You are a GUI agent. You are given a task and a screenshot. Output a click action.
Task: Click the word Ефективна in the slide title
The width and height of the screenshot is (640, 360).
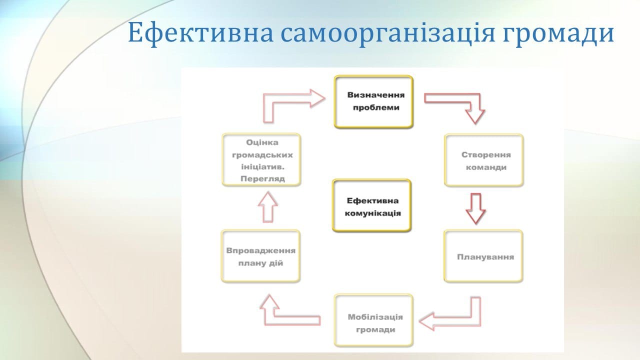[200, 32]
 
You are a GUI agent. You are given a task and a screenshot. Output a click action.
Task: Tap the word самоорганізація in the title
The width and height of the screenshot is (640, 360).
[387, 33]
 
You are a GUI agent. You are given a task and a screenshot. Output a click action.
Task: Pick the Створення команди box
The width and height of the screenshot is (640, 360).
[483, 160]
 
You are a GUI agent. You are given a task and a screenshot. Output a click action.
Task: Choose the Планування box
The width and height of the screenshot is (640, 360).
[483, 256]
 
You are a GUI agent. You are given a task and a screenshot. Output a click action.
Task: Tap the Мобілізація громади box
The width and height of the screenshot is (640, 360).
[373, 320]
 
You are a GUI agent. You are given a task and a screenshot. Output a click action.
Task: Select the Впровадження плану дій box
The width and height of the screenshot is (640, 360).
[260, 256]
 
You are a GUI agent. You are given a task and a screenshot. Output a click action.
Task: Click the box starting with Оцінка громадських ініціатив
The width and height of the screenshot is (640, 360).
[261, 159]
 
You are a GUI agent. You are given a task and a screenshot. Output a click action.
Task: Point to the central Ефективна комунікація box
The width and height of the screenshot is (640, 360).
[371, 205]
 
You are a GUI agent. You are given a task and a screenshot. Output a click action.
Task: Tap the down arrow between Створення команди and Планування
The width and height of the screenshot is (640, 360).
[475, 209]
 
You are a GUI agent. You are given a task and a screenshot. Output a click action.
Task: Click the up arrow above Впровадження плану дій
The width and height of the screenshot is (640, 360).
[267, 207]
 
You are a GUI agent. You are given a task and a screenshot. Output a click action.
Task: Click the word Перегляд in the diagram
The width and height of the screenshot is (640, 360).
[262, 179]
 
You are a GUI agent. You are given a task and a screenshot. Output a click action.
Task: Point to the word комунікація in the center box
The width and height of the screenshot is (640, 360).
[372, 213]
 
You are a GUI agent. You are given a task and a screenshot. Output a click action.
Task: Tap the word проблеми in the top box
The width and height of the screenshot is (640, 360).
[376, 107]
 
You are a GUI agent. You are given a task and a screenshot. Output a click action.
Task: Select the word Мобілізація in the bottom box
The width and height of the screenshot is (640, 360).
[375, 317]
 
